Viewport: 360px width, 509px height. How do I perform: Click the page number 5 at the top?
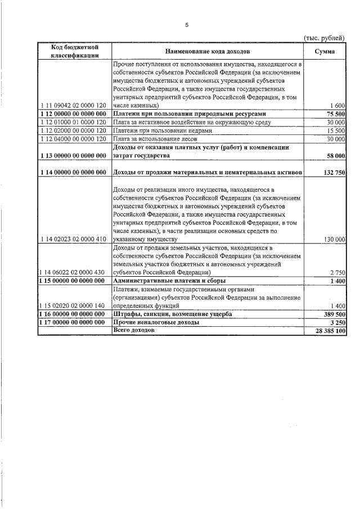point(187,25)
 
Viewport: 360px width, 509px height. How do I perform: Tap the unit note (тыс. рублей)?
point(325,37)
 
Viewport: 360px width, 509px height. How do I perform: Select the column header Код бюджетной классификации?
point(75,51)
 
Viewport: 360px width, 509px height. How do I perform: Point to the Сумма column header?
point(325,51)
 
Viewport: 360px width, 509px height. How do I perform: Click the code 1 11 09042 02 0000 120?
point(74,106)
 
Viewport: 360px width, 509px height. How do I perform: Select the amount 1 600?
point(337,106)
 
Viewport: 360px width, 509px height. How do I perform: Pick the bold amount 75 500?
point(335,114)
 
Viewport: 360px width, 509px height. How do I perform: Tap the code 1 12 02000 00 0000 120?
point(74,130)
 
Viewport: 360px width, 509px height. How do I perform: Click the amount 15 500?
point(335,130)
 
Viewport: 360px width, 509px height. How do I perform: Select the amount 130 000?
point(334,239)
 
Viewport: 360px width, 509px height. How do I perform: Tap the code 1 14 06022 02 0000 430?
point(74,272)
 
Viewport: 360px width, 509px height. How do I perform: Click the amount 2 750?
point(337,272)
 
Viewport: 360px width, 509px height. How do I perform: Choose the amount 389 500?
point(333,314)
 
